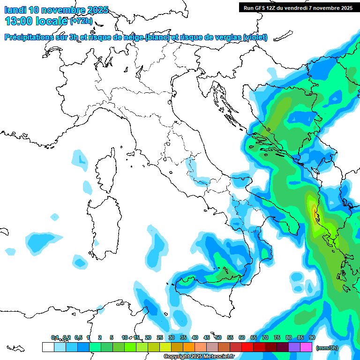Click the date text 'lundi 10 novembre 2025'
[x=56, y=10]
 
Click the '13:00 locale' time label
[x=36, y=21]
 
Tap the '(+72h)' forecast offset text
[x=82, y=21]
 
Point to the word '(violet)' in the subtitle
[x=255, y=37]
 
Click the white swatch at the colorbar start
[x=48, y=347]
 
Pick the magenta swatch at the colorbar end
[x=306, y=347]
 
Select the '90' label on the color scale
[x=312, y=338]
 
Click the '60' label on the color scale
[x=242, y=338]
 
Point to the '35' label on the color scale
[x=183, y=338]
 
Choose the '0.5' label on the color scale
[x=78, y=338]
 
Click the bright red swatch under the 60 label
[x=247, y=347]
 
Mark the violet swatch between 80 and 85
[x=294, y=347]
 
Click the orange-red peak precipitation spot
[x=315, y=213]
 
